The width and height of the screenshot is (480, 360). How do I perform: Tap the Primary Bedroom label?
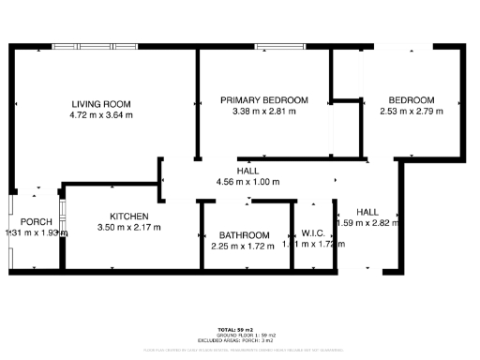tap(263, 100)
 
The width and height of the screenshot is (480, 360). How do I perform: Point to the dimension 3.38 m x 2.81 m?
tap(263, 112)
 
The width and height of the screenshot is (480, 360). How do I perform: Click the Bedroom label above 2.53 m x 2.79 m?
tap(412, 100)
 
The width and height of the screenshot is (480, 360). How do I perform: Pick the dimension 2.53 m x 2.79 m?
tap(412, 112)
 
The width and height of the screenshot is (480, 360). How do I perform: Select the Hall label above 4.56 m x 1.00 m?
tap(247, 171)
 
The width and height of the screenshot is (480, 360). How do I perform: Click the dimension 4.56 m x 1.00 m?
tap(247, 182)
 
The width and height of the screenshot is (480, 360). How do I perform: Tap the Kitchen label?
tap(128, 216)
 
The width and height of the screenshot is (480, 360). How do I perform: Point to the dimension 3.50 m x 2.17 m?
tap(128, 227)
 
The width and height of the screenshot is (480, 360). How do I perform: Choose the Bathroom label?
tap(244, 235)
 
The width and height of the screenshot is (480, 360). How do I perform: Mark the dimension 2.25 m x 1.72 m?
tap(244, 246)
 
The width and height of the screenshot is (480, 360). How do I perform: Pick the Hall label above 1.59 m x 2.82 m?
tap(367, 212)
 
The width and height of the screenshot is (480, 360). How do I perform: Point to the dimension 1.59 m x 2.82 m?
tap(367, 223)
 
